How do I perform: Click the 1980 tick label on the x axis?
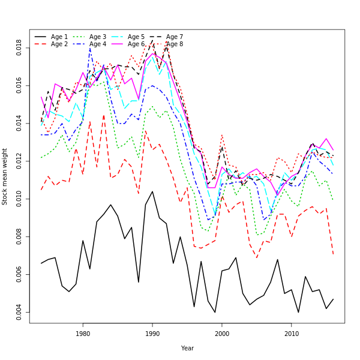(83, 334)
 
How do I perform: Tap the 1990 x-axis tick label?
(152, 334)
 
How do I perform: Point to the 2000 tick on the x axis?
(222, 334)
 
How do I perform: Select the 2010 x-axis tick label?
(292, 334)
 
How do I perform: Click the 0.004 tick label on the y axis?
(19, 313)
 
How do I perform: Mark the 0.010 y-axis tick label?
(19, 199)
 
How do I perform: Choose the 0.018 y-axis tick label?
(19, 47)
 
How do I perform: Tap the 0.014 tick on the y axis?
(19, 123)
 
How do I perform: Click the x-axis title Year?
(187, 348)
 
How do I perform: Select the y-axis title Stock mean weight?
(5, 176)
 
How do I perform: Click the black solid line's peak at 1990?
(152, 191)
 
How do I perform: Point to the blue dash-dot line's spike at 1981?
(90, 48)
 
